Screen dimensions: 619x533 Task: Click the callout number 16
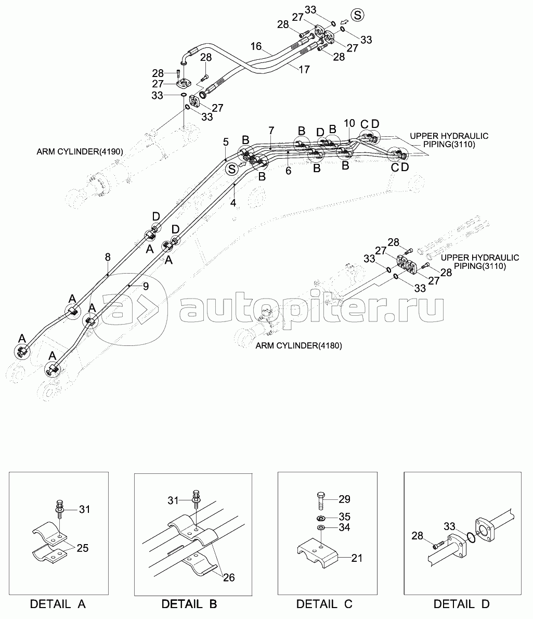click(x=256, y=46)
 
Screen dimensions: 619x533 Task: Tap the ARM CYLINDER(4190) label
click(x=79, y=152)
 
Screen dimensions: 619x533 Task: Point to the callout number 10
click(x=349, y=123)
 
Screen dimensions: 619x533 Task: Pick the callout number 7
click(x=271, y=130)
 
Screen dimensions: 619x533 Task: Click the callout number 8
click(x=107, y=256)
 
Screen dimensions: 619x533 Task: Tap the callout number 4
click(x=233, y=203)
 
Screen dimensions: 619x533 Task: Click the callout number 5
click(x=226, y=141)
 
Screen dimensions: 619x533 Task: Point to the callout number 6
click(x=289, y=171)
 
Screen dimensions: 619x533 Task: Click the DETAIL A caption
click(x=58, y=604)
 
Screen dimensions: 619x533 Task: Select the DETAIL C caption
click(x=324, y=604)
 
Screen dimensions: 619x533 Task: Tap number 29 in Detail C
click(x=344, y=499)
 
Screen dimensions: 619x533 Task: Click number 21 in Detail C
click(x=356, y=558)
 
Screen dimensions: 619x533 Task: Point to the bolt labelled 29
click(x=320, y=500)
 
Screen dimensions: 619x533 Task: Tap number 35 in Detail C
click(x=344, y=517)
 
